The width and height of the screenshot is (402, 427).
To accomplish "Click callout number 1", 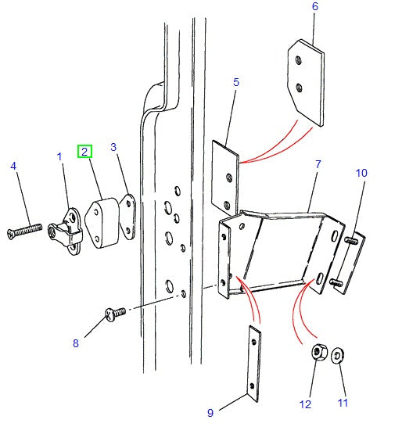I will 59,157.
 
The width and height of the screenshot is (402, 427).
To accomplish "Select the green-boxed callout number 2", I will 84,152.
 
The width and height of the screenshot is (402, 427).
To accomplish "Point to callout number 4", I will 13,166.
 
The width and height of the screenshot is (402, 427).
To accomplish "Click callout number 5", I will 235,81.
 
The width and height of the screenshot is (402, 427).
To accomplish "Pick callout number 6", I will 314,7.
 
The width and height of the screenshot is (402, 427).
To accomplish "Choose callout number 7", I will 318,165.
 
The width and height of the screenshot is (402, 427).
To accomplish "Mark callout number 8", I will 75,342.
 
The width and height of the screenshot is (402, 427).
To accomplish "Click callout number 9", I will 210,412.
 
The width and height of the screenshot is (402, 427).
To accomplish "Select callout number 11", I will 342,403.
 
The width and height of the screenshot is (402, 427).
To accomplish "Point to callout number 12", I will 305,404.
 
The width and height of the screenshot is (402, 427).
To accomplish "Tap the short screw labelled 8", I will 115,314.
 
